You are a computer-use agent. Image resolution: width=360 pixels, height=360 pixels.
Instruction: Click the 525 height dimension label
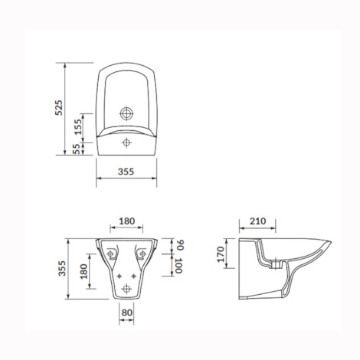[x=59, y=107]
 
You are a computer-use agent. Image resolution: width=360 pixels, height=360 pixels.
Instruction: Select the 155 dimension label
[x=78, y=127]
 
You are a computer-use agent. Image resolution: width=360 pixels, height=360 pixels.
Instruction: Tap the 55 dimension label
[x=76, y=149]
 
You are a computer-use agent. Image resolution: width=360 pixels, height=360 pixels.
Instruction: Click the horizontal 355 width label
[x=126, y=172]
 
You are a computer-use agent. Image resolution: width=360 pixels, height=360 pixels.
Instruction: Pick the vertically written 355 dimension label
[x=62, y=268]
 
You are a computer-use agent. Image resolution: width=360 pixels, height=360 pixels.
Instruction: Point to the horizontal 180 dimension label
[x=126, y=221]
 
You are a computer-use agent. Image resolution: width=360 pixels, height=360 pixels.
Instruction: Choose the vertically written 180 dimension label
[x=83, y=271]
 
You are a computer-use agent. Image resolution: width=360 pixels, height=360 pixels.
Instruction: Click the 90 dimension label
[x=181, y=245]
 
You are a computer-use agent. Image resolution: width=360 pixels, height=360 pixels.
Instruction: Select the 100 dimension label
[x=178, y=266]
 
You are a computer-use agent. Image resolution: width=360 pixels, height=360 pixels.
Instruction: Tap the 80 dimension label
[x=127, y=313]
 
